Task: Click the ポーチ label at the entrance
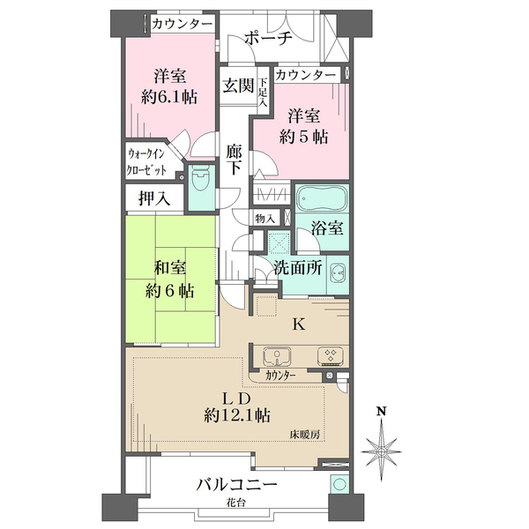pyautogui.click(x=268, y=38)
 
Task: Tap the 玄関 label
pyautogui.click(x=238, y=86)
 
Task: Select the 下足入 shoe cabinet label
pyautogui.click(x=263, y=93)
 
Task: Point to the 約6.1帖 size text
pyautogui.click(x=169, y=98)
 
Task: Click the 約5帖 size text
pyautogui.click(x=303, y=137)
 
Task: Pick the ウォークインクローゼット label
pyautogui.click(x=146, y=162)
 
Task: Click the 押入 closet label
pyautogui.click(x=154, y=198)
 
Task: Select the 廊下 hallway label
pyautogui.click(x=234, y=160)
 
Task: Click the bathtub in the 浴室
pyautogui.click(x=322, y=197)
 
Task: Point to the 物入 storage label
pyautogui.click(x=264, y=219)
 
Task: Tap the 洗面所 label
pyautogui.click(x=298, y=268)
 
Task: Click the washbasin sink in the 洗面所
pyautogui.click(x=338, y=272)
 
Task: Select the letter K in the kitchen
pyautogui.click(x=299, y=324)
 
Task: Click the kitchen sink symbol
pyautogui.click(x=278, y=356)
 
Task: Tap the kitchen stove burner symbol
pyautogui.click(x=331, y=356)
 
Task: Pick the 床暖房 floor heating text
pyautogui.click(x=305, y=435)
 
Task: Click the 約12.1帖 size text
pyautogui.click(x=237, y=415)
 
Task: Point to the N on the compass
pyautogui.click(x=382, y=411)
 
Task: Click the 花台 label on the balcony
pyautogui.click(x=235, y=503)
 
